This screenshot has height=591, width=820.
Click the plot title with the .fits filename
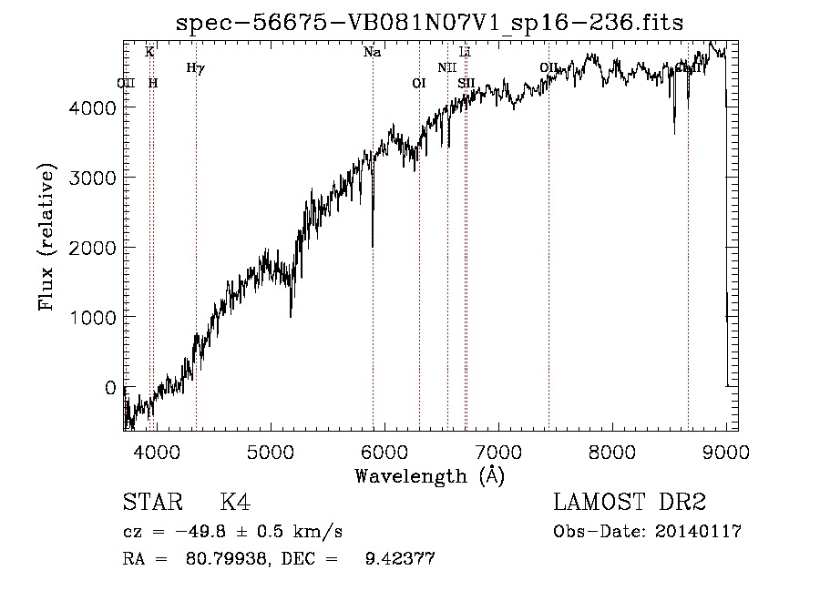(429, 22)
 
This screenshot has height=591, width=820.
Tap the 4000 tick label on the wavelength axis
(156, 451)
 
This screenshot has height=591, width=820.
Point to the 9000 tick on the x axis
(726, 451)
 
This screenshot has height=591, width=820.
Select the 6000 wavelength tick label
(384, 451)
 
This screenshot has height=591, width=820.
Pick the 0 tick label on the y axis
(109, 387)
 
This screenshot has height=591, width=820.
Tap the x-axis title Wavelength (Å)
(429, 475)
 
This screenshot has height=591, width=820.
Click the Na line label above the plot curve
(372, 53)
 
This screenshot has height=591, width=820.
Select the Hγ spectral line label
(195, 67)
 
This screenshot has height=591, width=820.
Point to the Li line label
(465, 53)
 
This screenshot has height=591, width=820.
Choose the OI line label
(419, 84)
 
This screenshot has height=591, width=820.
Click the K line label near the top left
(149, 53)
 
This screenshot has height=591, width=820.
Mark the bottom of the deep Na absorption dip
(372, 245)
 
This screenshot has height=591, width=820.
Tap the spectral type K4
(235, 503)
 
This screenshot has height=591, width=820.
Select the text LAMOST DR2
(630, 503)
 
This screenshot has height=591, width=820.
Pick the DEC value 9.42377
(398, 559)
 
